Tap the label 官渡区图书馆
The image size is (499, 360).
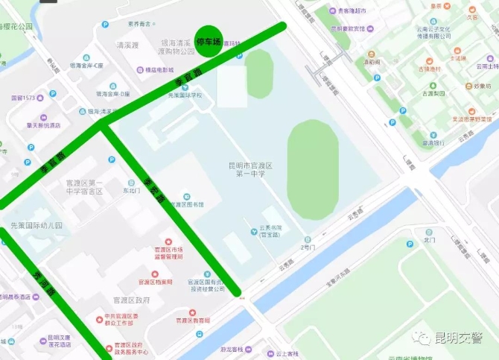[x=188, y=203]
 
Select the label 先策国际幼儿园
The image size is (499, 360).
[x=36, y=225]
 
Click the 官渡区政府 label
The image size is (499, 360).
[x=132, y=300]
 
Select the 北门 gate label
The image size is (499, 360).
[x=428, y=240]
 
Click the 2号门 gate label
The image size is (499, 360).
[x=308, y=247]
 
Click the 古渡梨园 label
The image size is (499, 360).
[x=433, y=94]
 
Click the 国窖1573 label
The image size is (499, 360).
[x=23, y=98]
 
